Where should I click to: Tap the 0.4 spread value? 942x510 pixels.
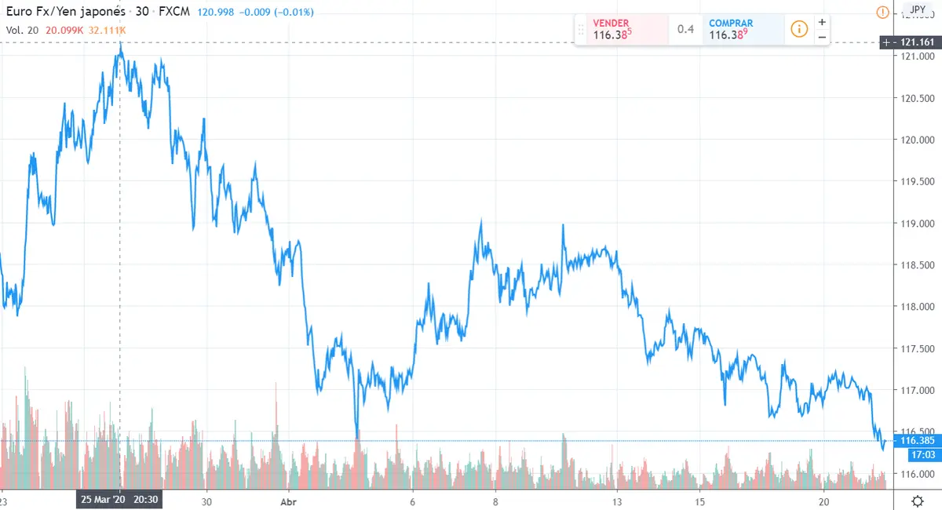click(686, 30)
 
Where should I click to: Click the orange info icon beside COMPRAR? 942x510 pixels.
click(799, 30)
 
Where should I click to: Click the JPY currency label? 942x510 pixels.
click(916, 9)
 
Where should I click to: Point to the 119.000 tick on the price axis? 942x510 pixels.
click(915, 224)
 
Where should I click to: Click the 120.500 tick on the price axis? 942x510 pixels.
click(915, 99)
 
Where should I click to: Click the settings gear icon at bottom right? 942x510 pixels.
click(917, 500)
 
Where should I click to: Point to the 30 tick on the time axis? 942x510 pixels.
click(206, 500)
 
